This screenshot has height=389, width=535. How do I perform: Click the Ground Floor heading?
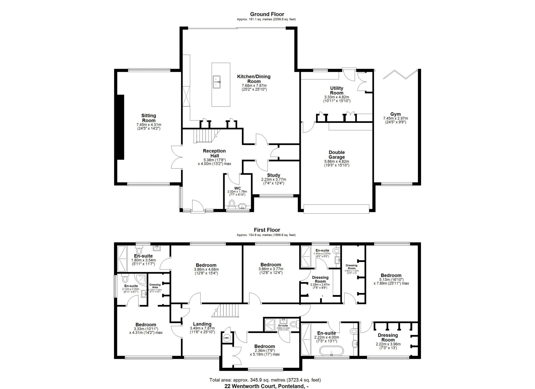267,14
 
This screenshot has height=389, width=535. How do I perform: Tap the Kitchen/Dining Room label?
254,79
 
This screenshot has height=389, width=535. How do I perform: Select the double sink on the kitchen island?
217,82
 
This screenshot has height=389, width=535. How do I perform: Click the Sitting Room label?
149,118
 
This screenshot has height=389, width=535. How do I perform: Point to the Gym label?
395,114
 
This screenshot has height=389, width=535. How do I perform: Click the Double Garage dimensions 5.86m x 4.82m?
337,161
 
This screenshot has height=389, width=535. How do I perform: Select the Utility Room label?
337,91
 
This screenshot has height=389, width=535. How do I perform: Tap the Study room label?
273,175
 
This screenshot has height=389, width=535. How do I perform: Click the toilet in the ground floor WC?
232,204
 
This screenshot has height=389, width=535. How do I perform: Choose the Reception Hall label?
214,153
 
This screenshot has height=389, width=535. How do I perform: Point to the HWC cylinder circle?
227,338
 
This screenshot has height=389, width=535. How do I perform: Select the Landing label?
202,324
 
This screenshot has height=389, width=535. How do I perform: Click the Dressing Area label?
155,286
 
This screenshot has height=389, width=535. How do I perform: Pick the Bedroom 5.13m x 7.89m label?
391,275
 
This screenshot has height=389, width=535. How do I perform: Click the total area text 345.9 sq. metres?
265,380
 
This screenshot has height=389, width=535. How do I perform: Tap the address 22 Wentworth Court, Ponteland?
267,386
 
